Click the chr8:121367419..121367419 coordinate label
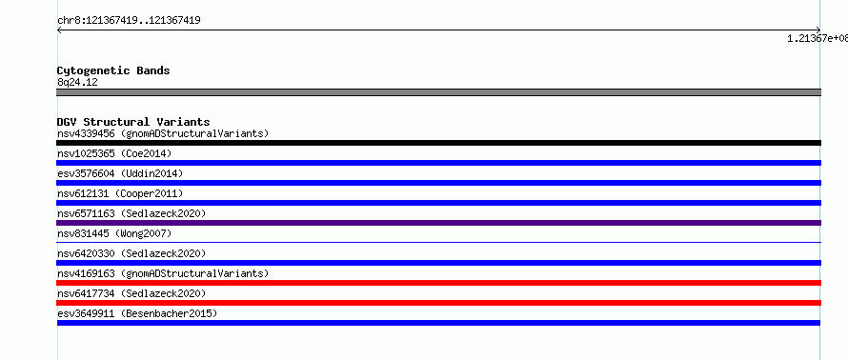tap(129, 21)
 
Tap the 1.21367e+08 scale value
tap(818, 38)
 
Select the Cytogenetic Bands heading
tap(113, 70)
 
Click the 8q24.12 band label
tap(77, 82)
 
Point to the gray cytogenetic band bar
tap(438, 92)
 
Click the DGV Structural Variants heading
tap(133, 122)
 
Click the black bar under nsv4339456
tap(438, 143)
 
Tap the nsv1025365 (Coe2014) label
tap(114, 153)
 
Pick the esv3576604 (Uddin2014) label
tap(120, 173)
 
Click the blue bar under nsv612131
tap(438, 203)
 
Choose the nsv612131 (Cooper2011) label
tap(120, 193)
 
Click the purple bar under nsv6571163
tap(438, 223)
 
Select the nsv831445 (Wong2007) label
tap(114, 233)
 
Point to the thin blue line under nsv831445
tap(438, 243)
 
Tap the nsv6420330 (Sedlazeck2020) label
tap(131, 253)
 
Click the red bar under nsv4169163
tap(438, 283)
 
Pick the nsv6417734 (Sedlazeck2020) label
tap(131, 293)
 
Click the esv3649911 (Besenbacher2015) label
tap(137, 313)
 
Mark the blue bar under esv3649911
tap(438, 323)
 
